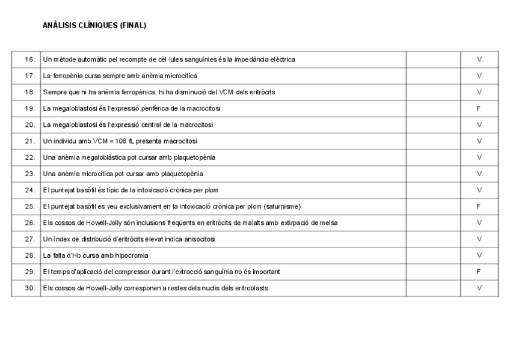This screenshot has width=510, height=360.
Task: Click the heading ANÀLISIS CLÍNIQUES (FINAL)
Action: point(94,25)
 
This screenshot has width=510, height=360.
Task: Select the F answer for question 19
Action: point(479,108)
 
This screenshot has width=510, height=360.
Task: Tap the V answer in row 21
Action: point(479,141)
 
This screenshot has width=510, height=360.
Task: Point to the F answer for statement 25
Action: point(479,206)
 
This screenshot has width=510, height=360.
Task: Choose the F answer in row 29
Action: point(479,272)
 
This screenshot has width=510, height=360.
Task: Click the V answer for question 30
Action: point(479,288)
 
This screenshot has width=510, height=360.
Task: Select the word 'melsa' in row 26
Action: point(329,223)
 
